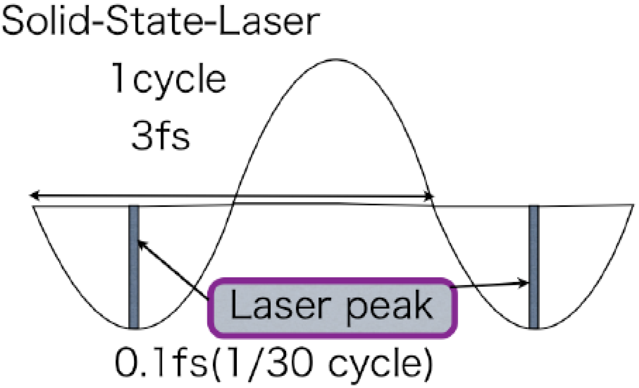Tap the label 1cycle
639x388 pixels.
[169, 78]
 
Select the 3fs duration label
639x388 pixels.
[161, 135]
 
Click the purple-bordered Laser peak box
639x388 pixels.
[332, 307]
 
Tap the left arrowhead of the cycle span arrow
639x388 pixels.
[33, 195]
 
